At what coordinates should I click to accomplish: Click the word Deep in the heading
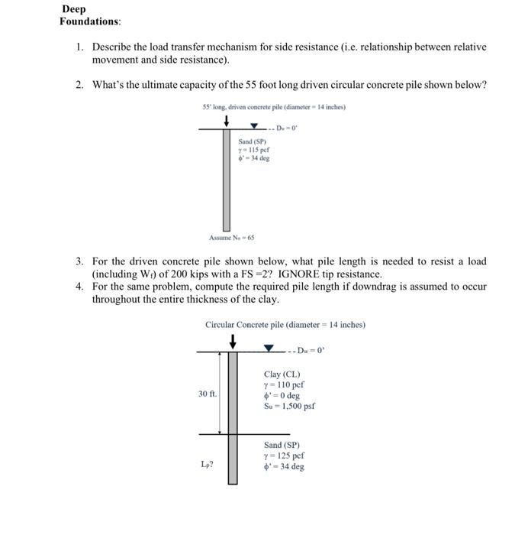[x=75, y=9]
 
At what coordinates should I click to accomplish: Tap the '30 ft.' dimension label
[x=208, y=394]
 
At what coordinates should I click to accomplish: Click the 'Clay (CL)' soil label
[x=282, y=374]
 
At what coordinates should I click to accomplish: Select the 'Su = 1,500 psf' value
[x=289, y=407]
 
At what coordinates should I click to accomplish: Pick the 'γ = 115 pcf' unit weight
[x=253, y=150]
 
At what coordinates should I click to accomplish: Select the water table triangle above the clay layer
[x=269, y=349]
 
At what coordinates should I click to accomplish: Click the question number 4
[x=79, y=287]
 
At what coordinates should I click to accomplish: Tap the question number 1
[x=79, y=47]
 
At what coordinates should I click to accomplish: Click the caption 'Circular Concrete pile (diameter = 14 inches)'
[x=285, y=325]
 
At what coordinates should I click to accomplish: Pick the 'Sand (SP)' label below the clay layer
[x=282, y=444]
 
